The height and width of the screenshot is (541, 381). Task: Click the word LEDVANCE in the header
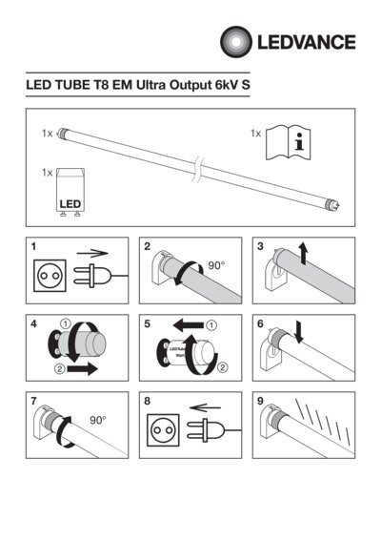[303, 42]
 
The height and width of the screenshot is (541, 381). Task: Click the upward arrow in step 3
[303, 253]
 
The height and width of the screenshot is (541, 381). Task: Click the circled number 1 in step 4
[65, 323]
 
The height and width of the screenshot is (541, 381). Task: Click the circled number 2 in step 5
[223, 367]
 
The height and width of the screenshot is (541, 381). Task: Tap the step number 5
[147, 323]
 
